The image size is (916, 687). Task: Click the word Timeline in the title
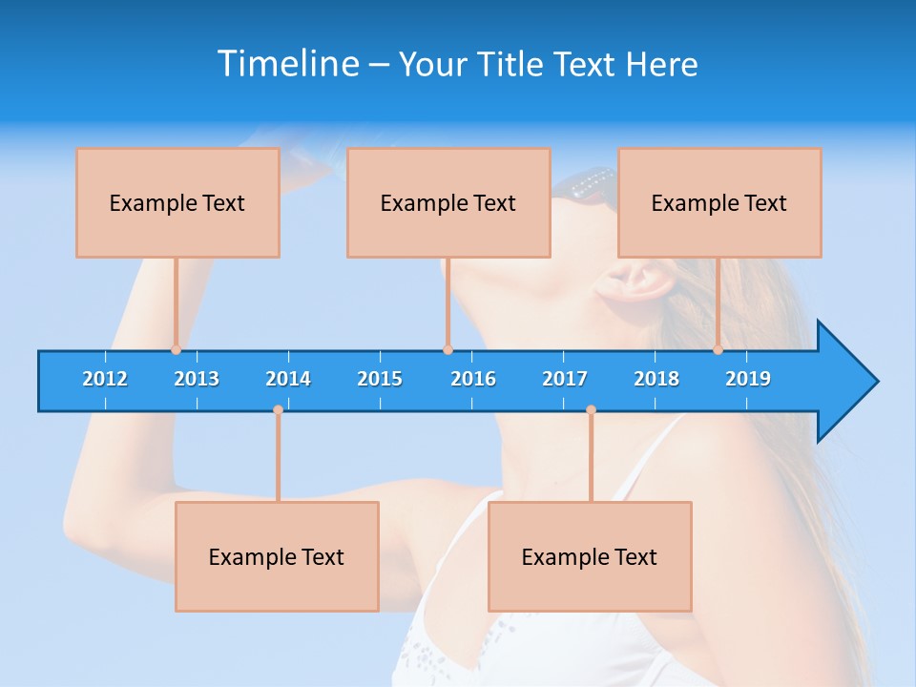click(287, 64)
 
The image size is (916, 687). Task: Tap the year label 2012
click(105, 379)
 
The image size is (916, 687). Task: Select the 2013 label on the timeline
click(197, 379)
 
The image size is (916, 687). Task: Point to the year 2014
click(288, 379)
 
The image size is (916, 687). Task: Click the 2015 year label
click(380, 379)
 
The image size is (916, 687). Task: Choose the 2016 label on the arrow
click(473, 379)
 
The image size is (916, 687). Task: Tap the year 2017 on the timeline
click(565, 379)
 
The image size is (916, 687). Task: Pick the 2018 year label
click(656, 379)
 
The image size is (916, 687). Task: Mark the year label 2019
click(748, 379)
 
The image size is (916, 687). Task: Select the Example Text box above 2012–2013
click(177, 202)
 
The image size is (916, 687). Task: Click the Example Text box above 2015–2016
click(448, 202)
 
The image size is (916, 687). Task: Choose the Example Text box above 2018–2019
click(719, 202)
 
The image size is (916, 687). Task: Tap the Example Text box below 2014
click(277, 556)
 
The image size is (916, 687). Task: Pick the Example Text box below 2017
click(590, 556)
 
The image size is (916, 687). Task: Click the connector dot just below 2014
click(278, 410)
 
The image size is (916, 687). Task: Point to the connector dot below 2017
click(591, 410)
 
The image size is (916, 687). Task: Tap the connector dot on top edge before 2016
click(448, 350)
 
